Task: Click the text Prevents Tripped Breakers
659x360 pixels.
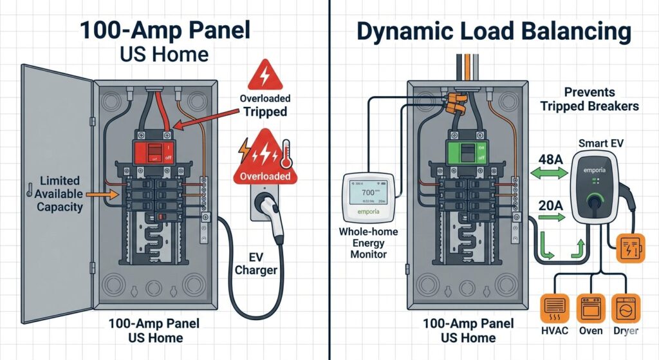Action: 591,99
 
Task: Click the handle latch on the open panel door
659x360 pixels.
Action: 30,189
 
